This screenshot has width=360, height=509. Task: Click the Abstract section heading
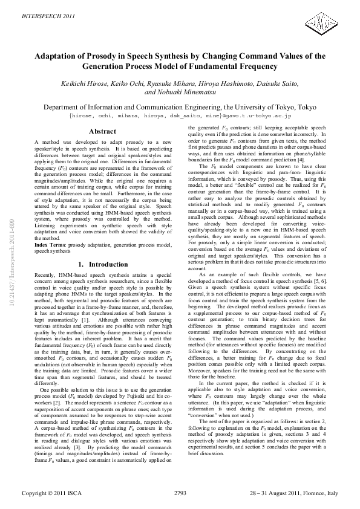pyautogui.click(x=102, y=131)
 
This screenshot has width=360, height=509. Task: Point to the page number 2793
pyautogui.click(x=180, y=493)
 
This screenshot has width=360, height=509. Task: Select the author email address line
pyautogui.click(x=181, y=114)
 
